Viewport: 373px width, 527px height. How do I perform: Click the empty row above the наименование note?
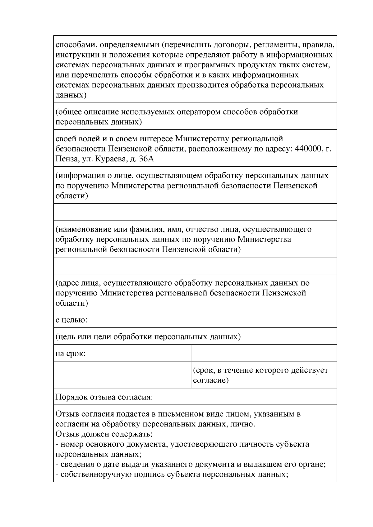tap(195, 212)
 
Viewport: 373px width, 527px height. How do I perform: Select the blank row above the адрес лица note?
tap(195, 265)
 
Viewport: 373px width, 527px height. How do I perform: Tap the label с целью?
tap(71, 319)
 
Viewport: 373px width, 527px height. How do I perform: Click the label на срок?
tap(71, 353)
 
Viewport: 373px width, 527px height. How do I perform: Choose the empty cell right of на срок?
tap(264, 353)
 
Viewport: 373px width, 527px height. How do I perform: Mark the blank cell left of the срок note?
tap(122, 375)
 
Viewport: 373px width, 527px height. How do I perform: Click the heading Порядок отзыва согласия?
tap(104, 397)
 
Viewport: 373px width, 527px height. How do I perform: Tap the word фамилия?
tap(146, 229)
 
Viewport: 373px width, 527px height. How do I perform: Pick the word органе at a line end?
tap(312, 464)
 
